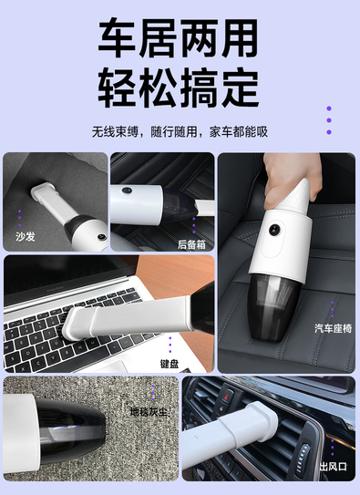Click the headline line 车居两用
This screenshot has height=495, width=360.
179,38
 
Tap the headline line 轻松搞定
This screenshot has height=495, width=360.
179,88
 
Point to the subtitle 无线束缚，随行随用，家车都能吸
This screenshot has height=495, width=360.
180,131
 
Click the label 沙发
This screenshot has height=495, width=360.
26,236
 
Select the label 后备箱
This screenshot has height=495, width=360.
191,244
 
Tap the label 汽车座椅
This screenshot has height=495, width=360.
333,328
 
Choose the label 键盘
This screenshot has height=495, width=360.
170,364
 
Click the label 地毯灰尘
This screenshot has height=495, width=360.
149,412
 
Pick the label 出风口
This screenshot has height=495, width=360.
334,466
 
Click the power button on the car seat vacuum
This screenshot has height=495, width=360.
274,230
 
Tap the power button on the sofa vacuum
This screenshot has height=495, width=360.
101,236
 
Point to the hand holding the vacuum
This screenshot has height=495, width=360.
290,179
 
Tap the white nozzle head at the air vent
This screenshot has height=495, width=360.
261,421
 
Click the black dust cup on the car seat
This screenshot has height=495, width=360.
273,307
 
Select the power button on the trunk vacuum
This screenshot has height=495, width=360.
128,191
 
